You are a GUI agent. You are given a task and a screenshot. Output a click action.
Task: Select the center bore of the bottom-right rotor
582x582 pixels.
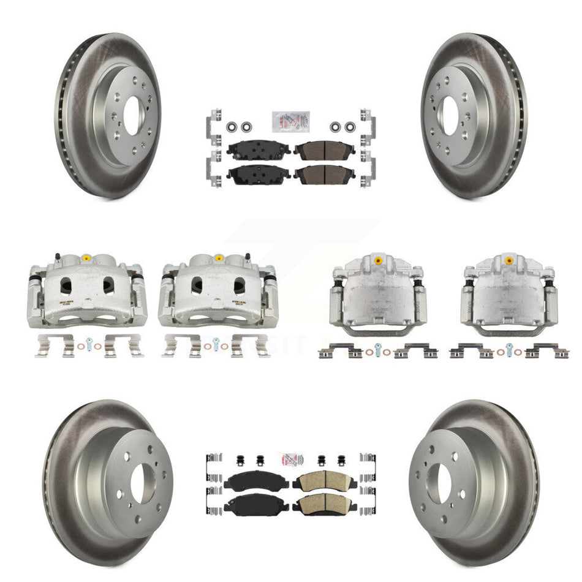coord(441,477)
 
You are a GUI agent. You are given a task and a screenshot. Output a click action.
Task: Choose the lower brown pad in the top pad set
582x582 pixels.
coord(323,174)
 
